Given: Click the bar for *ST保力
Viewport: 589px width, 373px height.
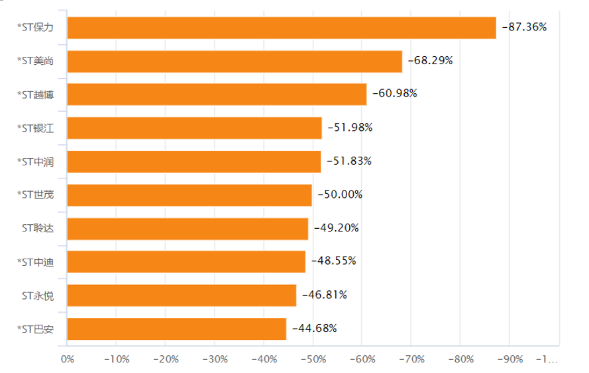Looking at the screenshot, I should pos(282,28).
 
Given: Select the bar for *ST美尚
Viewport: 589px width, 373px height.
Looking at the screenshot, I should pos(235,62).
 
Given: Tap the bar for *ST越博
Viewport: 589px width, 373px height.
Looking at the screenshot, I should pos(217,95).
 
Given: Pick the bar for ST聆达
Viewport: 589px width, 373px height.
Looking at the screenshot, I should pos(187,229).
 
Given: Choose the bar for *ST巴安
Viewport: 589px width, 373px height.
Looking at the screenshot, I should pos(177,329).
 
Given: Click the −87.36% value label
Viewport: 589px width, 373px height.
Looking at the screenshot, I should pos(524,27).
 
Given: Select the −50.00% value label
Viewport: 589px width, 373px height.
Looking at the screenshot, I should pos(340,195).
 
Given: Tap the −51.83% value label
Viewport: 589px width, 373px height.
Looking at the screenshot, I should pos(349,161).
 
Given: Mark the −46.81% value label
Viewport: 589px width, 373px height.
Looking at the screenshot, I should pos(325,295).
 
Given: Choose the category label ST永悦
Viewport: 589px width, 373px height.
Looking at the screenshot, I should pos(38,296).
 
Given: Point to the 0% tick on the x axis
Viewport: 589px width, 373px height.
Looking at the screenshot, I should pos(68,359).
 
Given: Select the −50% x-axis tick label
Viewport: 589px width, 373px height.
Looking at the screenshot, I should pos(312,359).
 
